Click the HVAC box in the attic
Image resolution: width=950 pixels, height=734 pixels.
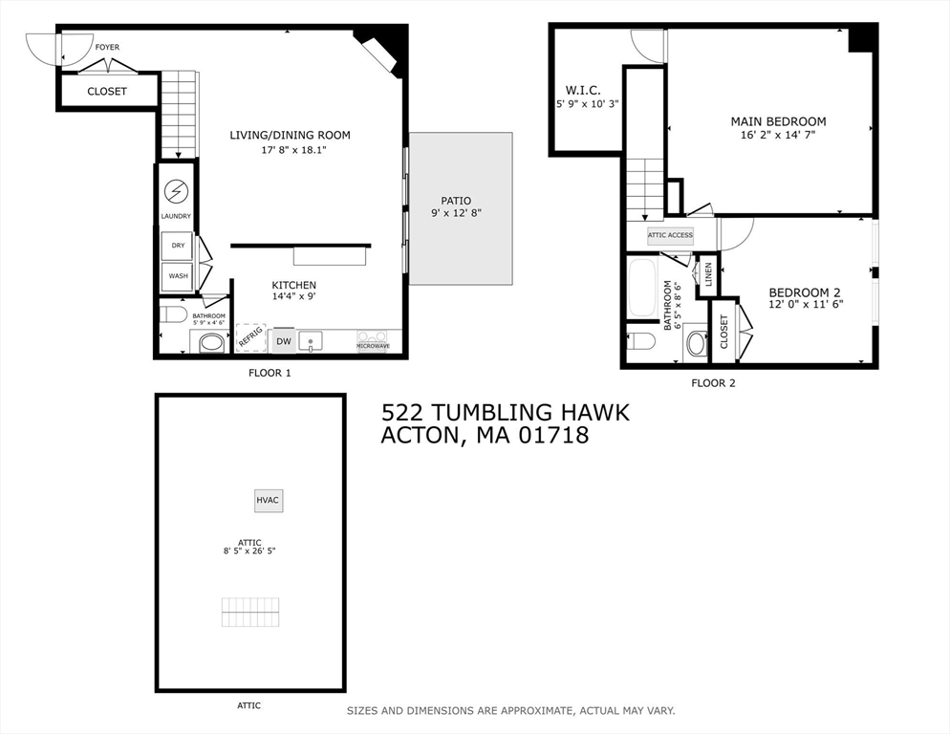[269, 500]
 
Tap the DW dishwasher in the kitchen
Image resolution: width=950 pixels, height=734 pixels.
[284, 341]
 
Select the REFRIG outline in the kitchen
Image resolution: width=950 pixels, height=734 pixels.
[250, 337]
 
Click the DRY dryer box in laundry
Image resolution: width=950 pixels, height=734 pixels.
[178, 246]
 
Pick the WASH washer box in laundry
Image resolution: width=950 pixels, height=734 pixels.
[178, 276]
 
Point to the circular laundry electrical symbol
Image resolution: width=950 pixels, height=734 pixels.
[177, 192]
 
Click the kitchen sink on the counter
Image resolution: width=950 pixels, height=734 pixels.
[311, 341]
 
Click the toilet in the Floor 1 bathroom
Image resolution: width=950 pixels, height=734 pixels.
[173, 314]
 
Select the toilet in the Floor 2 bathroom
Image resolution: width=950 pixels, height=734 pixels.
[641, 341]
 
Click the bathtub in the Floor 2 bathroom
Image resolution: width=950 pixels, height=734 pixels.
[642, 288]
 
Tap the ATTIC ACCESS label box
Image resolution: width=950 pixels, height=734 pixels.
[669, 235]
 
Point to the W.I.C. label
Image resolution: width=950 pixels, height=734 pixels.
[582, 90]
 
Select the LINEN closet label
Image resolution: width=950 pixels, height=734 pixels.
[708, 274]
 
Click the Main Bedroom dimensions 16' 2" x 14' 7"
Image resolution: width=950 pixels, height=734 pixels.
[778, 135]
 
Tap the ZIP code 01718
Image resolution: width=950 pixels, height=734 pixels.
[553, 436]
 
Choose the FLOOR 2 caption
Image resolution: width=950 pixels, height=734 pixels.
[713, 383]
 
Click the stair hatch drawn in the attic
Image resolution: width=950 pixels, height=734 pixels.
[250, 612]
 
